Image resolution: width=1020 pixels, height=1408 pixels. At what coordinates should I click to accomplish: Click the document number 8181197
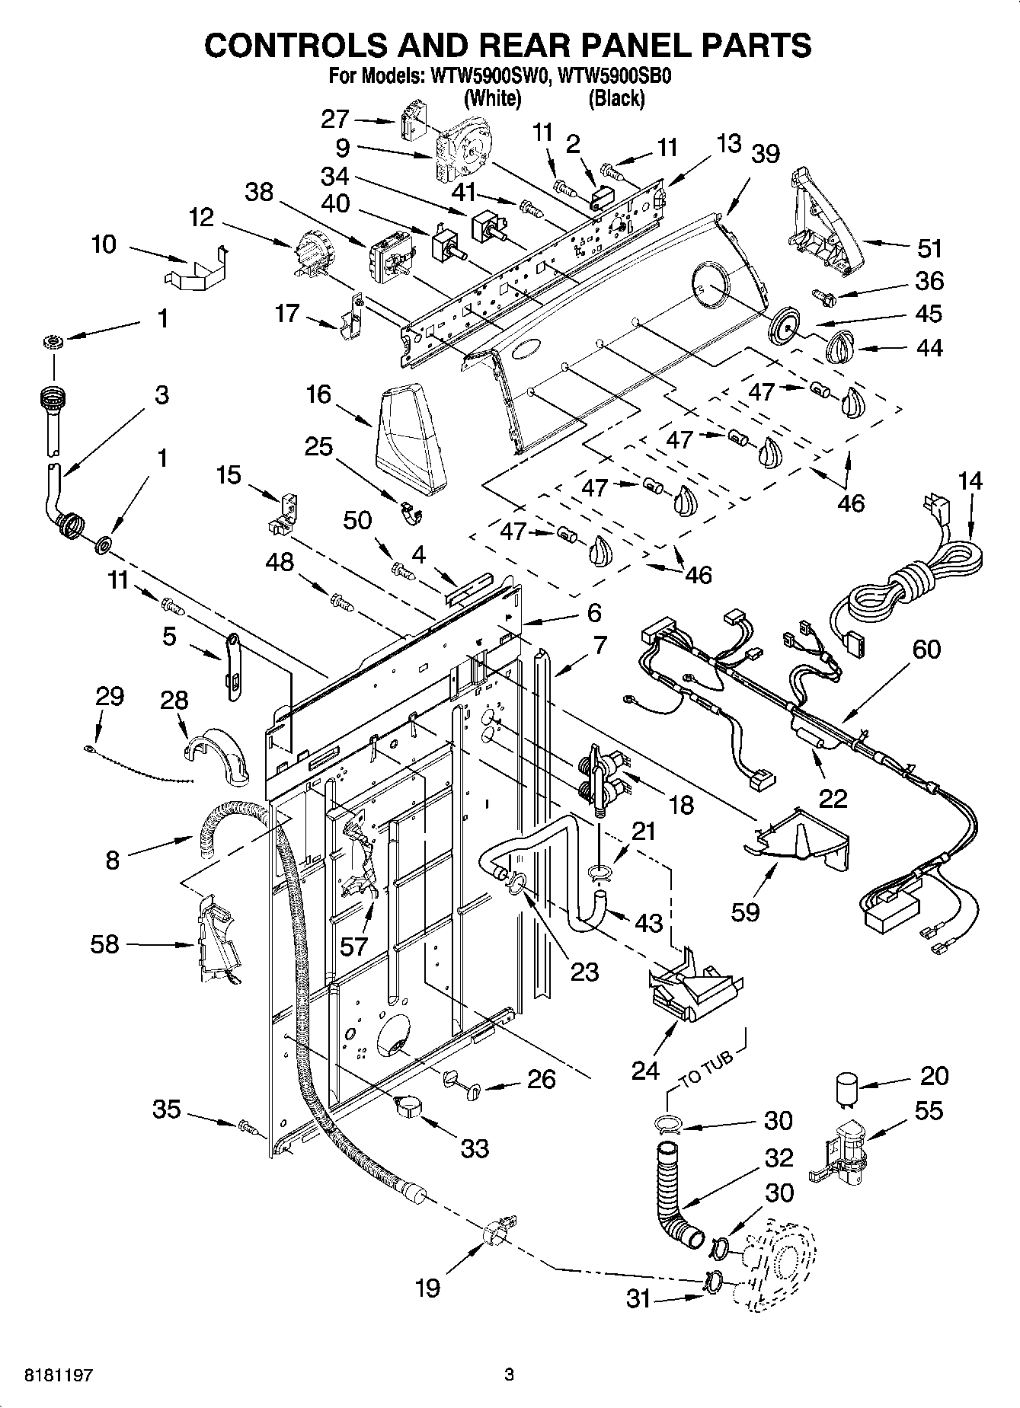click(50, 1375)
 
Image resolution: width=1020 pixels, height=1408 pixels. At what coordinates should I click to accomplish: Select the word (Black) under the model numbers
click(616, 98)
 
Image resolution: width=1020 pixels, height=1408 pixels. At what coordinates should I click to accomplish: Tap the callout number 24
click(645, 1071)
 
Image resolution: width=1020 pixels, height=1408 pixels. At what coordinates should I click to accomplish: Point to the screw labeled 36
click(823, 294)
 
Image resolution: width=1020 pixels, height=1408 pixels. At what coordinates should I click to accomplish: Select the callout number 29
click(109, 695)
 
